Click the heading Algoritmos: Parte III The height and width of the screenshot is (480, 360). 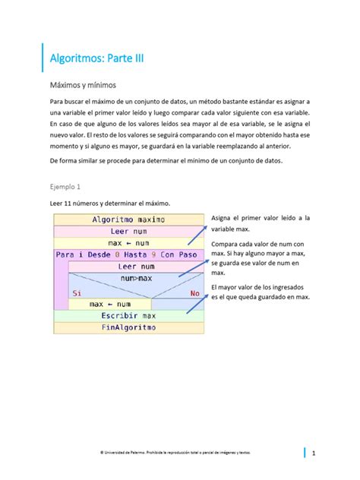tap(96, 57)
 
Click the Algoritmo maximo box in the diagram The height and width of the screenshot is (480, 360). tap(128, 219)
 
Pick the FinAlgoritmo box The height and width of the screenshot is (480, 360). tap(128, 327)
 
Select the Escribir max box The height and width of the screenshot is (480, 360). tap(128, 315)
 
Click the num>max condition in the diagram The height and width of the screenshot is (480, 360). tap(137, 279)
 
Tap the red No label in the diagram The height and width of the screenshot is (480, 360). tap(195, 292)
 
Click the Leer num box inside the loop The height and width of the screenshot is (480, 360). tap(137, 267)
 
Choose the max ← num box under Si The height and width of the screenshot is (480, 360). tap(109, 304)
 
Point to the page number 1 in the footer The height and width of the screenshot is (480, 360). tap(313, 453)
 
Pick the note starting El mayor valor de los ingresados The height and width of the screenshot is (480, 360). tap(260, 292)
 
